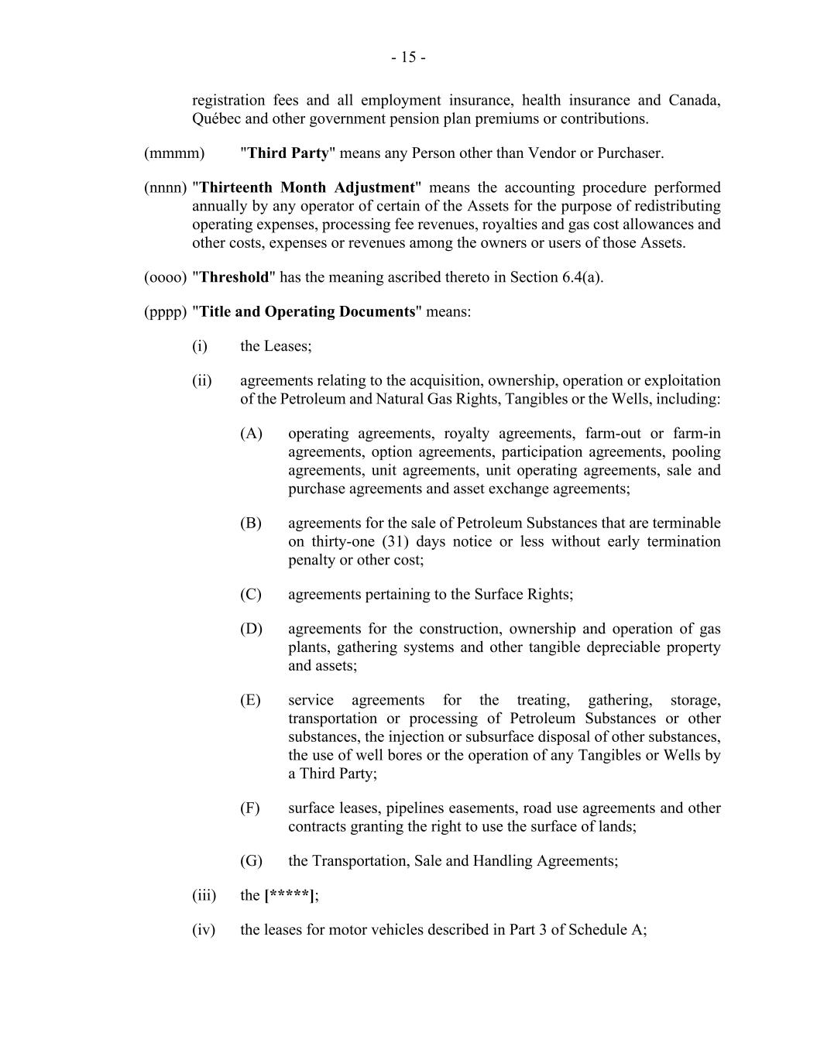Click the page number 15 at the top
pos(408,57)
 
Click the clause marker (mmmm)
pos(174,153)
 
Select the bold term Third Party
pos(288,153)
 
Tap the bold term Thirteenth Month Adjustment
pos(307,188)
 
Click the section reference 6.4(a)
pos(582,277)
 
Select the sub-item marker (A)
pos(251,434)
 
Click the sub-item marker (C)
pos(251,595)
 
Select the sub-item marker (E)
pos(250,701)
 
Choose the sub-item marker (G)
pos(251,861)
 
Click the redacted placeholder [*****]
pos(290,896)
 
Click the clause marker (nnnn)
pos(166,188)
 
